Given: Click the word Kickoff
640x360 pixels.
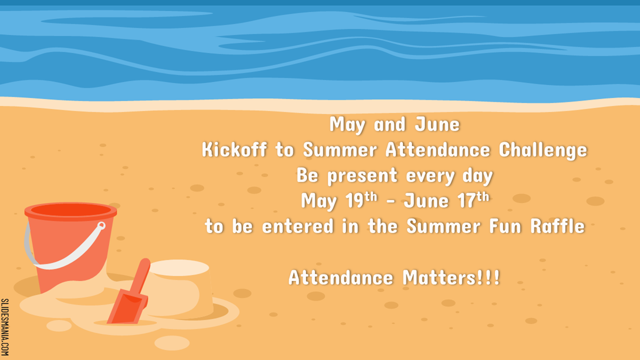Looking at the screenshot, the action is [x=234, y=149].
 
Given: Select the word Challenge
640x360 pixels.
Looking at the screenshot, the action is [x=543, y=150].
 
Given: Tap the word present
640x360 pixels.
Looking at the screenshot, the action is [x=362, y=175].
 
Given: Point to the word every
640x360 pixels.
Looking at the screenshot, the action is [x=430, y=176].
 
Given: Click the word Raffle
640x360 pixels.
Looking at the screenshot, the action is [x=558, y=226].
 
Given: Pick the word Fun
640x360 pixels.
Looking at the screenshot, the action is [x=506, y=226].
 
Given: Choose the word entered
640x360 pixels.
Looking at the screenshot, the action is [x=298, y=226].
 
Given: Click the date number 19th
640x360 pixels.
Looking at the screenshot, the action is [x=362, y=199].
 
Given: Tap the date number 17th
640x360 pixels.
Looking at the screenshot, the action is [x=474, y=199].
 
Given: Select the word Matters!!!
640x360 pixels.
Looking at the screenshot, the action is [x=451, y=277].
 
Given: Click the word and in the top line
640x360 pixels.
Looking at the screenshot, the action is [x=390, y=124].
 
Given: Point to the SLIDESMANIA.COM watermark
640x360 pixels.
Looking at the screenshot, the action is [x=5, y=327].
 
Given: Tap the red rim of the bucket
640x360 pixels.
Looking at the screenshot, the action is [x=70, y=211].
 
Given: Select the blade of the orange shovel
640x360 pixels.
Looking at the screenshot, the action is [x=127, y=307].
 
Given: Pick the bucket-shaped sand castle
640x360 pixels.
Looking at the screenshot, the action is [x=179, y=289].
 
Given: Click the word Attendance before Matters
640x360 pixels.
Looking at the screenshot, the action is [x=341, y=277].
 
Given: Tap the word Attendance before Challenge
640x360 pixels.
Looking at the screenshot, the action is [x=438, y=149].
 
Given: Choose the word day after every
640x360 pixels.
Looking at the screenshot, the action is [x=478, y=176].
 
